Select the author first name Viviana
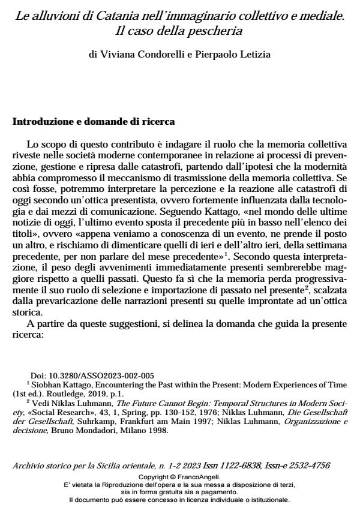(116, 55)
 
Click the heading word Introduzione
(40, 122)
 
